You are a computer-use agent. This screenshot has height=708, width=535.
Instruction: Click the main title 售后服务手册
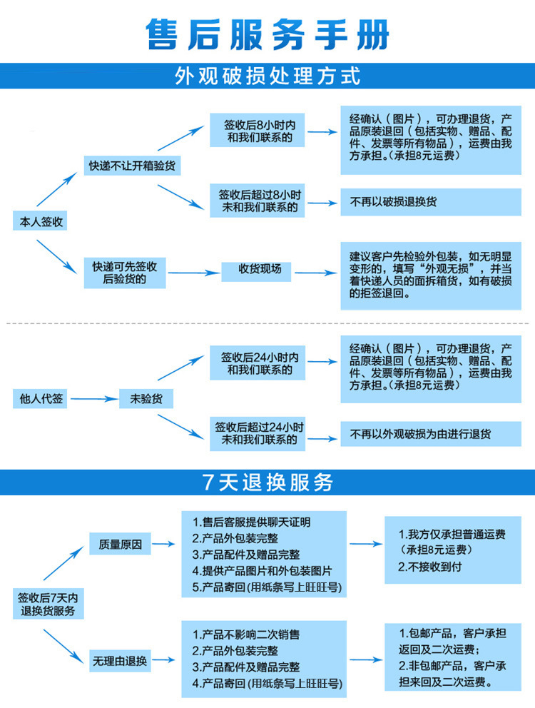tap(267, 34)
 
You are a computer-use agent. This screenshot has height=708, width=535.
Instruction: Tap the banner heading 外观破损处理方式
tap(267, 76)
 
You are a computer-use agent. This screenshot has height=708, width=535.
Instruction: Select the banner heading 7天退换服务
tap(267, 482)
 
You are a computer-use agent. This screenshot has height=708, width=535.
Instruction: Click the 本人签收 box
tap(39, 222)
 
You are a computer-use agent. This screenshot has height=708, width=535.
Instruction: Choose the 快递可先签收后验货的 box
tap(124, 273)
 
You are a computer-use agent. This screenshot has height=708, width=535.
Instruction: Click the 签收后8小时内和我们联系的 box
tap(259, 131)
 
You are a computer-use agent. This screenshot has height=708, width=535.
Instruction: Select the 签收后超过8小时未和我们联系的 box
tap(259, 201)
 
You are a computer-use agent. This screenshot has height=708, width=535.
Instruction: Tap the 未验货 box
tap(146, 399)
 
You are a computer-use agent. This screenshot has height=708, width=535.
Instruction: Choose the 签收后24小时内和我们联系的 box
tap(259, 363)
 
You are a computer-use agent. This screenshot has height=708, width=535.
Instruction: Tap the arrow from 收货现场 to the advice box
tap(314, 272)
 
